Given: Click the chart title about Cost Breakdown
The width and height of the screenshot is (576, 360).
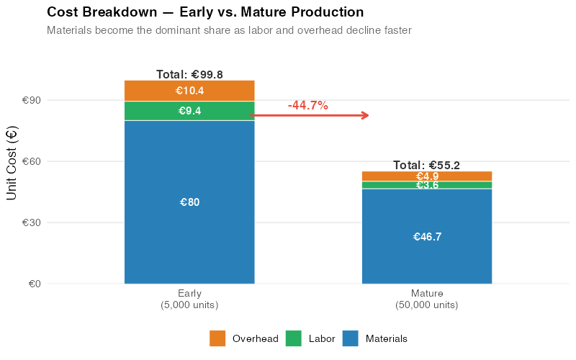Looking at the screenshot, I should click(x=204, y=12).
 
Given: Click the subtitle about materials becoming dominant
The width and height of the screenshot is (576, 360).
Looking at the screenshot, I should click(x=228, y=30).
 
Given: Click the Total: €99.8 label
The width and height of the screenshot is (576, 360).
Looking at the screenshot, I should click(x=189, y=74).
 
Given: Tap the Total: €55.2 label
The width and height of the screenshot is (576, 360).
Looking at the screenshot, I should click(x=427, y=165).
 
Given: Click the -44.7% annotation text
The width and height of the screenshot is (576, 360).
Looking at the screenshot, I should click(x=307, y=105).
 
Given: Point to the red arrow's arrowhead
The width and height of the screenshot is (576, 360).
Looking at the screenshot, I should click(x=366, y=115).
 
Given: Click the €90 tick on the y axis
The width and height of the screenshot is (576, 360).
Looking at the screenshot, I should click(x=34, y=101).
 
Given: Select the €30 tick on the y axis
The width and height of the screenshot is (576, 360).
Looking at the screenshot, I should click(x=34, y=222).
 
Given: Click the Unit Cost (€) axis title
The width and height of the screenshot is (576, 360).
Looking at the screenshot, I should click(x=12, y=163).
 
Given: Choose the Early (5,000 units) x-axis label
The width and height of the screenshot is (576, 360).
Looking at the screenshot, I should click(x=189, y=299).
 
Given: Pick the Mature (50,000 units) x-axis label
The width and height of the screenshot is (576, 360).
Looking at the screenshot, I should click(x=427, y=299).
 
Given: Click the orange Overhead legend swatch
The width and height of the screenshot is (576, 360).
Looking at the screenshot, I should click(x=217, y=338).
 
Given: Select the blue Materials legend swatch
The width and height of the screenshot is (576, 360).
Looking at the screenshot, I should click(x=351, y=338).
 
